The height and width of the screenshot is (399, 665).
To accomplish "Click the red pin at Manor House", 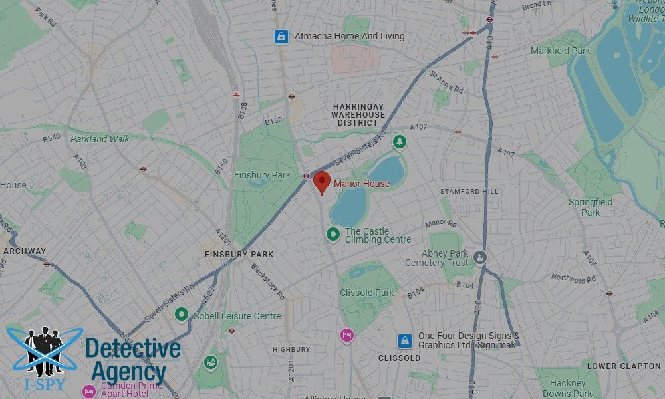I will (322, 180).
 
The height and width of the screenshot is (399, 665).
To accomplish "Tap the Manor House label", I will (362, 184).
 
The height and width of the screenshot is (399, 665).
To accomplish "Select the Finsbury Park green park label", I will (262, 175).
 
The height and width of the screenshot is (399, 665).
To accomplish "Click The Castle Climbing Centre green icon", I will (333, 234).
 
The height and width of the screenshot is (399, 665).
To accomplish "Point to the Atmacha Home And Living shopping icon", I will (282, 37).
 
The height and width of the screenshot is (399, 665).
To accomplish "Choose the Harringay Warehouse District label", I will (358, 114).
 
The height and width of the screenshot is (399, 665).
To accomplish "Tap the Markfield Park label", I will (560, 51).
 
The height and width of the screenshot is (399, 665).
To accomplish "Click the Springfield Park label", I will (590, 207).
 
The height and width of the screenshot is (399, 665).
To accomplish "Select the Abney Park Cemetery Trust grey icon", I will (481, 256).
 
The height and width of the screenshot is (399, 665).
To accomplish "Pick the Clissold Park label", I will (366, 293).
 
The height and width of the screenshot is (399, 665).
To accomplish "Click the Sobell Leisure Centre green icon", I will (181, 314).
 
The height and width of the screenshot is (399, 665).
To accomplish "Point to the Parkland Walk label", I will (100, 139).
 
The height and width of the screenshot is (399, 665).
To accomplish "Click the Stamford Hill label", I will (469, 192).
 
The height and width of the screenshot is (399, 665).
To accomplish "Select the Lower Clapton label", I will (624, 366).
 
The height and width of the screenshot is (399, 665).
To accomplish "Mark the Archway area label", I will (25, 251).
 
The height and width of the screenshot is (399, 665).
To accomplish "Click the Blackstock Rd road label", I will (268, 281).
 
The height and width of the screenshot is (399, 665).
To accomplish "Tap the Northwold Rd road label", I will (571, 278).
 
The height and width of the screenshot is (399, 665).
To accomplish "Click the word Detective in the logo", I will (133, 349).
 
